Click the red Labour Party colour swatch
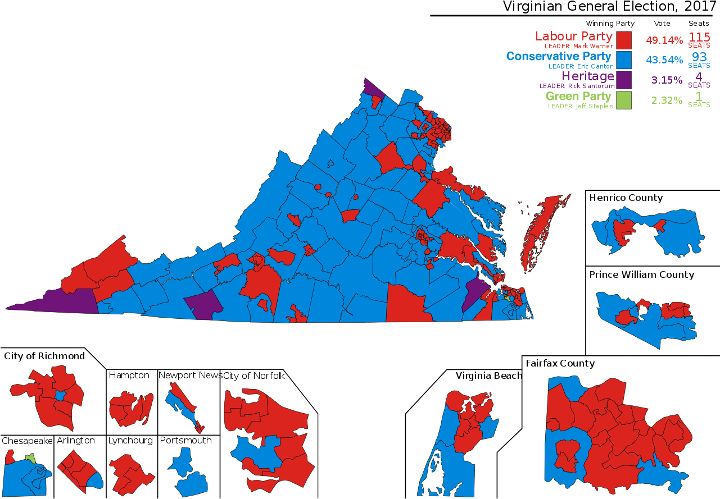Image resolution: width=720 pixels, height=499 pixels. pyautogui.click(x=623, y=40)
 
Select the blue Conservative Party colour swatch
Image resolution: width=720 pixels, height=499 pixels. pyautogui.click(x=623, y=59)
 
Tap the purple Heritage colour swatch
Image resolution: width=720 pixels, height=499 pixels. pyautogui.click(x=623, y=80)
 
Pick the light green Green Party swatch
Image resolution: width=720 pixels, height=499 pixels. pyautogui.click(x=623, y=100)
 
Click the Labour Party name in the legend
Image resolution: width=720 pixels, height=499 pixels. pyautogui.click(x=574, y=36)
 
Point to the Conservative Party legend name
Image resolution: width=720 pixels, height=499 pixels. pyautogui.click(x=559, y=57)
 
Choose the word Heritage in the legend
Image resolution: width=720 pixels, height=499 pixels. pyautogui.click(x=587, y=77)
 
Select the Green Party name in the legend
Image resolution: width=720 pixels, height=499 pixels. pyautogui.click(x=578, y=97)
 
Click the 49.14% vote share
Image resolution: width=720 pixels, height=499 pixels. pyautogui.click(x=664, y=40)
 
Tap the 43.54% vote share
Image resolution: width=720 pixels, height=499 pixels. pyautogui.click(x=664, y=60)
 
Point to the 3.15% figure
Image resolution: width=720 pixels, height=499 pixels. pyautogui.click(x=667, y=80)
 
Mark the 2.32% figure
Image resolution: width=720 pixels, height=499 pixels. pyautogui.click(x=667, y=101)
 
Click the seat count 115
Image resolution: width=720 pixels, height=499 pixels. pyautogui.click(x=699, y=36)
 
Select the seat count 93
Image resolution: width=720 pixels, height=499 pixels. pyautogui.click(x=699, y=57)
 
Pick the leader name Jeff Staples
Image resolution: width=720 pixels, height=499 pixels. pyautogui.click(x=594, y=106)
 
